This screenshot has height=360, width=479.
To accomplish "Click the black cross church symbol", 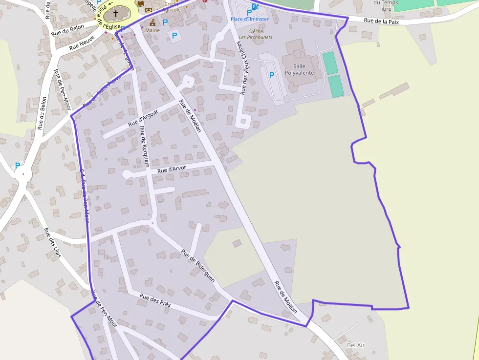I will pos(116,14).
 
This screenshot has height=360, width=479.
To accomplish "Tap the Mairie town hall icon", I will pos(152,22).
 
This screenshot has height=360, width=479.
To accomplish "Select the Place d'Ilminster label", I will pos(250,19).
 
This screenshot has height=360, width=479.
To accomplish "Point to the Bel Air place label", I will pos(356,345).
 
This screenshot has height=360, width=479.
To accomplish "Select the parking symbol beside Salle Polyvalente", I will pos(272,75).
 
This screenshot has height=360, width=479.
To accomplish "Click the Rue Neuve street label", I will pos(82,45).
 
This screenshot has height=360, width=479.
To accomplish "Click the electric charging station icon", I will pos(254,6).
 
